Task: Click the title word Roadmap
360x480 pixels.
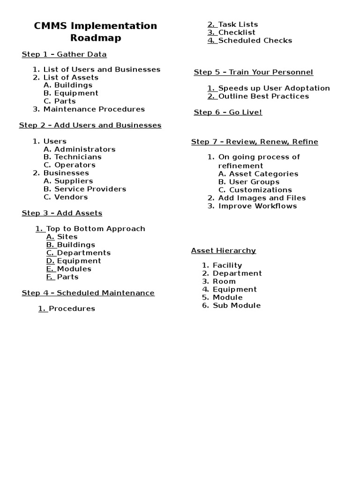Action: click(x=96, y=38)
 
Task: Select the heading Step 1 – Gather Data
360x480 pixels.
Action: click(x=64, y=54)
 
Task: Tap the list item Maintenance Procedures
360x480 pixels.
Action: click(x=94, y=109)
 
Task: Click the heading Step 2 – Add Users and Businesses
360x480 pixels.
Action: click(x=90, y=126)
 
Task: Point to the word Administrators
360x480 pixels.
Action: click(x=85, y=149)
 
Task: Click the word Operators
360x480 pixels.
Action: click(x=75, y=165)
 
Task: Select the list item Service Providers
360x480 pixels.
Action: click(x=90, y=189)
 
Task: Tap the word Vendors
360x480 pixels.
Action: click(x=71, y=197)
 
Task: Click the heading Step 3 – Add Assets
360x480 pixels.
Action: click(x=62, y=213)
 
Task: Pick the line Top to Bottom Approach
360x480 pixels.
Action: click(x=96, y=229)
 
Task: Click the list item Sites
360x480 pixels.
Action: click(x=67, y=237)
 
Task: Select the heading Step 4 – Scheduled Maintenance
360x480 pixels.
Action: click(x=88, y=293)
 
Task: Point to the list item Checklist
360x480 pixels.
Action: click(x=237, y=32)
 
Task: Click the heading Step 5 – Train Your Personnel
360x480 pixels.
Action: click(x=253, y=72)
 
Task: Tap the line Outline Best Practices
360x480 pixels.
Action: click(x=263, y=96)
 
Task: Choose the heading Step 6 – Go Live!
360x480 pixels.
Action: click(x=228, y=112)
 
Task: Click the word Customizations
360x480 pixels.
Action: click(x=261, y=190)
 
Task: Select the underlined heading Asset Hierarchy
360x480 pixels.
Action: click(x=224, y=251)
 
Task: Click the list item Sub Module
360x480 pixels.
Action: click(x=237, y=306)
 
